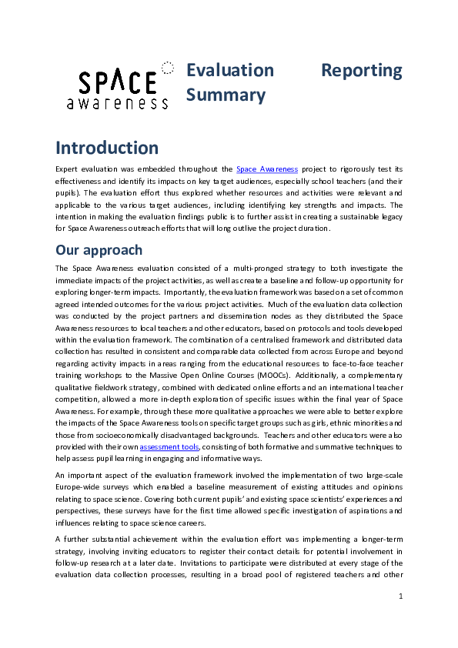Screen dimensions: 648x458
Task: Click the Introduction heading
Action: pos(107,148)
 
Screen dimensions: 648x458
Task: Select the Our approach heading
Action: pos(99,249)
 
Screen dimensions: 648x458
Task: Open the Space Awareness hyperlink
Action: pos(266,169)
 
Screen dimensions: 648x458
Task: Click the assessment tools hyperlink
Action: pos(169,446)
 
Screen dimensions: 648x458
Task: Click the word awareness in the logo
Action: pos(117,103)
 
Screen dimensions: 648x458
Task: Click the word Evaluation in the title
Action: pos(230,70)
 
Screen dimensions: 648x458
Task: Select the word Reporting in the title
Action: pos(361,70)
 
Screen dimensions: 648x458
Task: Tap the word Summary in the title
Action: pos(226,95)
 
